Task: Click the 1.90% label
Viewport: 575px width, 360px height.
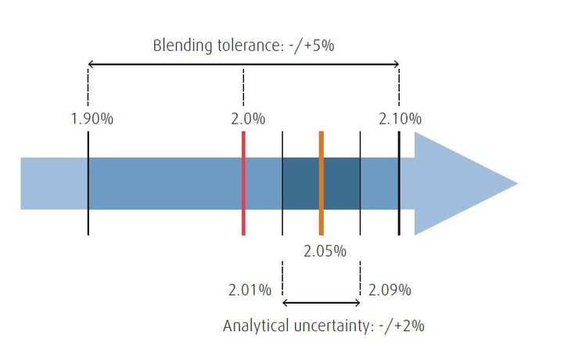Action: click(93, 119)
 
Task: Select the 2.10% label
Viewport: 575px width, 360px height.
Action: click(400, 119)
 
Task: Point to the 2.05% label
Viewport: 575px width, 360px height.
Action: click(325, 250)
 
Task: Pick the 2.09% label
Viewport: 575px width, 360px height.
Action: click(390, 290)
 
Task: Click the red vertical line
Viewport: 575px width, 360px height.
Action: click(244, 183)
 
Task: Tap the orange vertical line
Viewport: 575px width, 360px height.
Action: click(321, 183)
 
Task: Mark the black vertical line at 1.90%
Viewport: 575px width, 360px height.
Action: click(88, 183)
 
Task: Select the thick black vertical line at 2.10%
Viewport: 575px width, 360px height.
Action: click(399, 183)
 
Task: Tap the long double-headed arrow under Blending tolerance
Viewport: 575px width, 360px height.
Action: click(243, 63)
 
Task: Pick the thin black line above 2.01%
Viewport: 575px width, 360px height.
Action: click(282, 183)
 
